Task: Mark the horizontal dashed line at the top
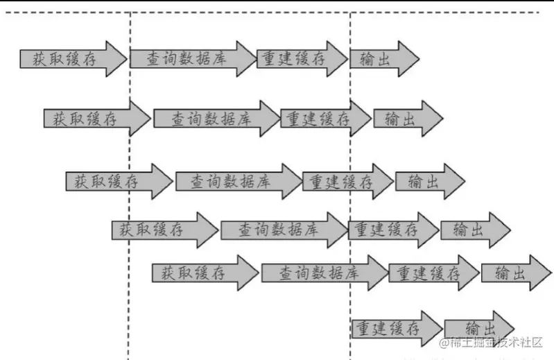[x=277, y=12]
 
